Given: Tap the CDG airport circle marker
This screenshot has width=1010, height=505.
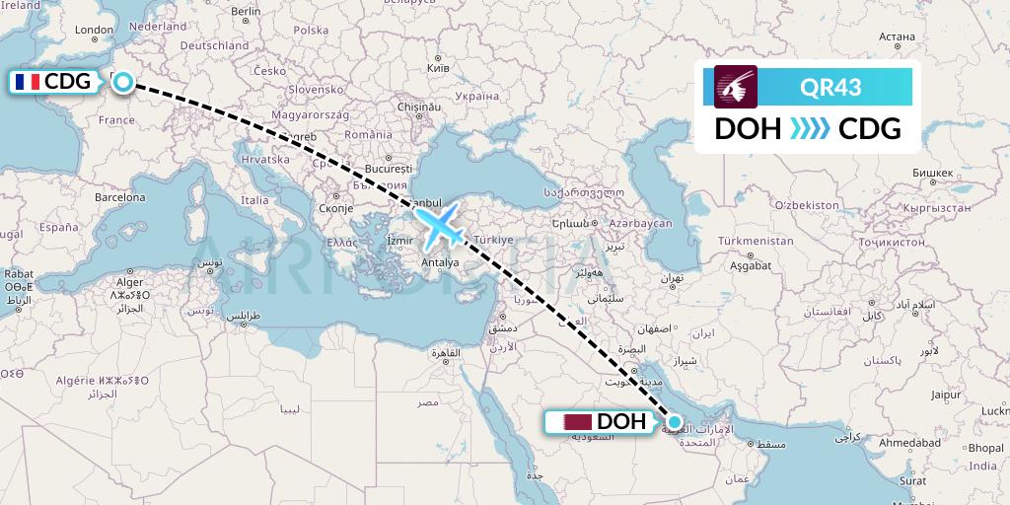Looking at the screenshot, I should (x=122, y=82).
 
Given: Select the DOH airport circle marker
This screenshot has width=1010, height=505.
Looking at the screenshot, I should (x=675, y=422).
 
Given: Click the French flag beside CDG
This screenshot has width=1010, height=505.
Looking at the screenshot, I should (x=28, y=82).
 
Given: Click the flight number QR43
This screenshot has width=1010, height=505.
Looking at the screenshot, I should (x=830, y=87).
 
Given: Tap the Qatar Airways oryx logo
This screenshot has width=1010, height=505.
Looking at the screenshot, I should (x=736, y=87).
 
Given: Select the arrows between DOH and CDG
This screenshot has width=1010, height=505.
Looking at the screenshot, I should (x=809, y=128).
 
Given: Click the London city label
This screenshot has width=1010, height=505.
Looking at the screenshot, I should (x=95, y=31).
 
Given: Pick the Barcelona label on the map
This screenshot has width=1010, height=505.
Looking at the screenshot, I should (x=120, y=197).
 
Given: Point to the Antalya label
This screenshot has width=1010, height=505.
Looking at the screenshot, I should (x=440, y=262).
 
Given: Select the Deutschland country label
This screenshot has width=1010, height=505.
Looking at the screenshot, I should (x=214, y=45).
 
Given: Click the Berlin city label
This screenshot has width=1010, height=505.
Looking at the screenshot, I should (x=246, y=12).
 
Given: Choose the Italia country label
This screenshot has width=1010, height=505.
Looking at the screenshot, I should (x=254, y=200).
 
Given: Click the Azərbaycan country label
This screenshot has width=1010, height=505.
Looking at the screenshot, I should (x=639, y=224).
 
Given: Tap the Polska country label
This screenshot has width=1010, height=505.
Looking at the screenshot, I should (x=311, y=30).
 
